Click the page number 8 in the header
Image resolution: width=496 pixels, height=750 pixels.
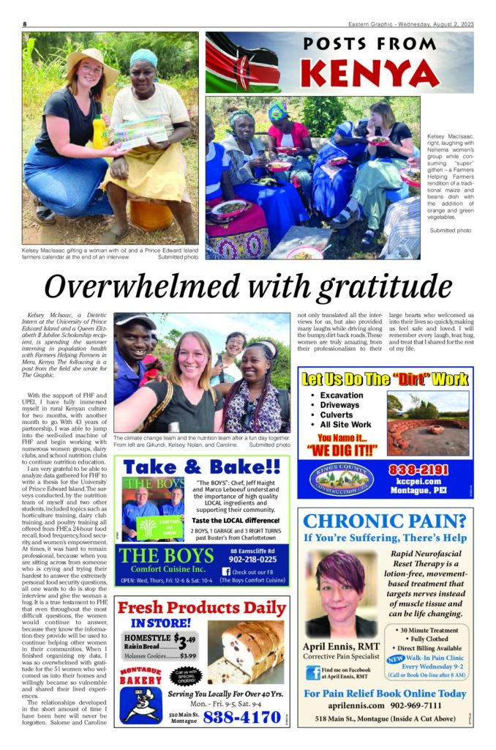[x=25, y=23]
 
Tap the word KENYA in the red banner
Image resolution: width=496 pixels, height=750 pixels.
[x=369, y=73]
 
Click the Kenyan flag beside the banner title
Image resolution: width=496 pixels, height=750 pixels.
[x=242, y=63]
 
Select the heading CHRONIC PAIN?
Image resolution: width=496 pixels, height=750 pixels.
[x=385, y=521]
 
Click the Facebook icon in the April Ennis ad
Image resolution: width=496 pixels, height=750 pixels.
[x=313, y=673]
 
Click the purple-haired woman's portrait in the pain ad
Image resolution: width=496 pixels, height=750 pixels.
[x=341, y=594]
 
